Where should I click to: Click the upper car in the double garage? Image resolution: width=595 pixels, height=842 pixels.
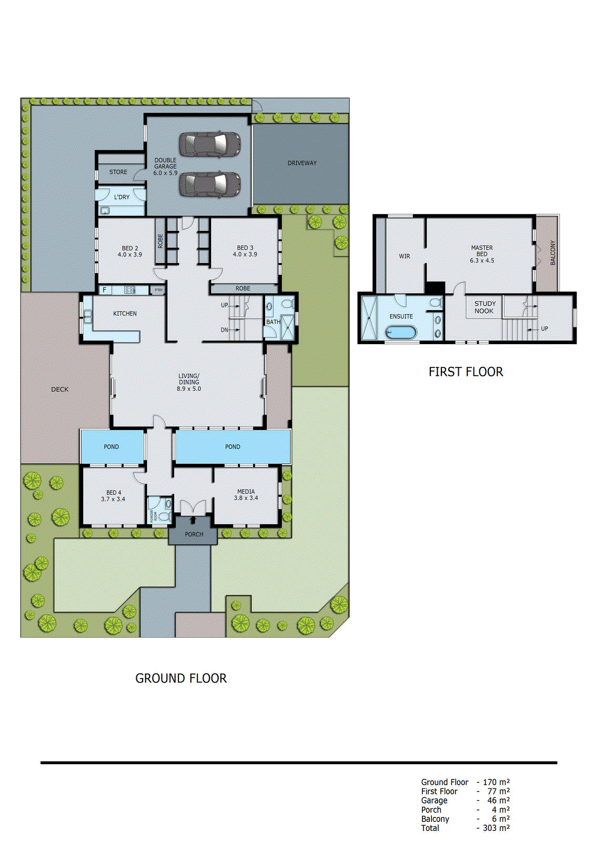[210, 144]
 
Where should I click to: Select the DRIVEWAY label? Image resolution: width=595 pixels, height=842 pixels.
[302, 163]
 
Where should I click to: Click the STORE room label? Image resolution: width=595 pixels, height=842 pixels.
[118, 172]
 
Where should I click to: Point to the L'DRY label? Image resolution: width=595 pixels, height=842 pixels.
[122, 197]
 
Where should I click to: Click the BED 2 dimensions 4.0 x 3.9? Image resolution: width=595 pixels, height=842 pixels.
[130, 255]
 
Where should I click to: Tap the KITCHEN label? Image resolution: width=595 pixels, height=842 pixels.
[125, 314]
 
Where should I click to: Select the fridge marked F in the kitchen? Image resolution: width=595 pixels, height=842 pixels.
[105, 290]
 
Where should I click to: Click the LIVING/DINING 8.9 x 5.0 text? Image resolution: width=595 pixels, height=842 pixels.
[189, 383]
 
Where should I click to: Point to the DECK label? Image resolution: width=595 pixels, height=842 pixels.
[60, 389]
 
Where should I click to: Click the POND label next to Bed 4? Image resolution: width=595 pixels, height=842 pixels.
[111, 447]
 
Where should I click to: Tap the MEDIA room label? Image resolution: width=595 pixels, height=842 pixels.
[246, 492]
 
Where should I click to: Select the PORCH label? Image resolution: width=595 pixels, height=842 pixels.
[194, 534]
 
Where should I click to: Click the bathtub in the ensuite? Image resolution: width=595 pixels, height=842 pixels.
[401, 333]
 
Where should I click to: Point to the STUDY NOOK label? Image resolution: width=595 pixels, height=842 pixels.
[485, 307]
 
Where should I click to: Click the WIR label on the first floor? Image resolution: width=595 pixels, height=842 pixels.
[404, 256]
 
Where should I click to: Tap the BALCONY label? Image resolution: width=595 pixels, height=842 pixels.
[552, 253]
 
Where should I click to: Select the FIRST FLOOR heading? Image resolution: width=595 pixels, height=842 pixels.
[466, 372]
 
